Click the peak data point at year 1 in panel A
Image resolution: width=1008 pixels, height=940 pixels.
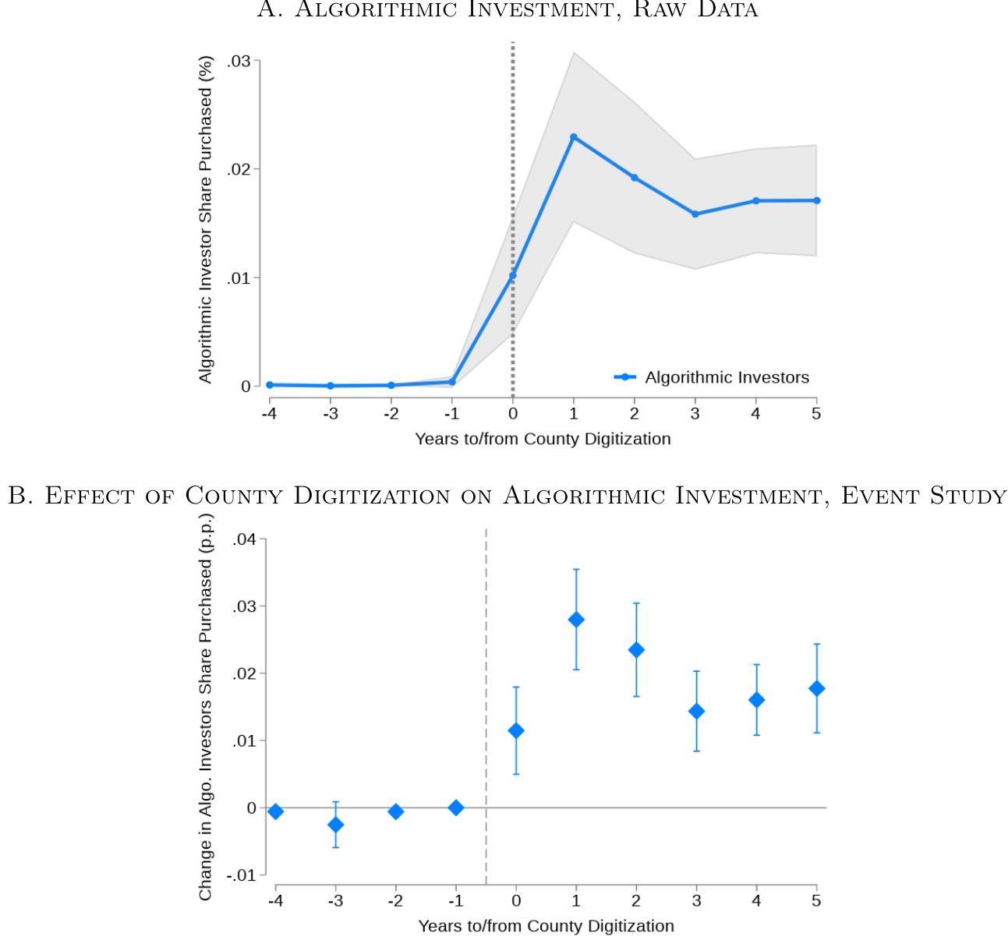coord(574,137)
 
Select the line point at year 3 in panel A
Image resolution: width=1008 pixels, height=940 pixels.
coord(695,214)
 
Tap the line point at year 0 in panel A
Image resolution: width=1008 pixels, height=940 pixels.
coord(513,275)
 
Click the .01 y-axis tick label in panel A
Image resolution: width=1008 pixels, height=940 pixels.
coord(239,278)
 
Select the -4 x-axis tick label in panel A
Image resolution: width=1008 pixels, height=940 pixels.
coord(269,413)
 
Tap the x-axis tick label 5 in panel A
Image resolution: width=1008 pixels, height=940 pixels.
coord(816,413)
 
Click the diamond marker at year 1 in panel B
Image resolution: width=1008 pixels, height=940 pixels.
coord(576,620)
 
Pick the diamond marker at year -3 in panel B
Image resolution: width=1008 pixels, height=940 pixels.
coord(335,825)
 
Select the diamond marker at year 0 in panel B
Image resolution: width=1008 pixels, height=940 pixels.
coord(516,730)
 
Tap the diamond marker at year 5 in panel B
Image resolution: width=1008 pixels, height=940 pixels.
coord(816,688)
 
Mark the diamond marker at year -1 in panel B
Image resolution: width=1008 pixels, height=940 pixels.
coord(456,807)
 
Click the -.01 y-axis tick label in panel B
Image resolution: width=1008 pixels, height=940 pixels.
coord(242,875)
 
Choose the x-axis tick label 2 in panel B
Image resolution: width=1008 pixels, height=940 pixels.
coord(636,901)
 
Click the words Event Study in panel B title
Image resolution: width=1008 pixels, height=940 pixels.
coord(924,496)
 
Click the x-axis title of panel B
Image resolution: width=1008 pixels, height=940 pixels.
coord(546,926)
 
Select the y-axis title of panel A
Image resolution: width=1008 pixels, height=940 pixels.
coord(205,219)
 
